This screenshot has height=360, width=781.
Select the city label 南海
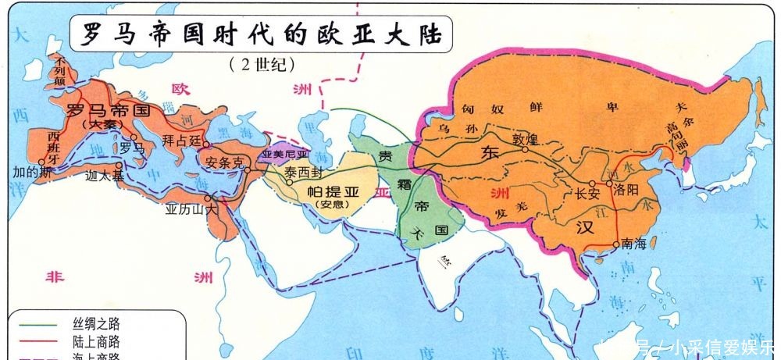pos(634,244)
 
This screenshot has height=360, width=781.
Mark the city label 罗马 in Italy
pos(132,147)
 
